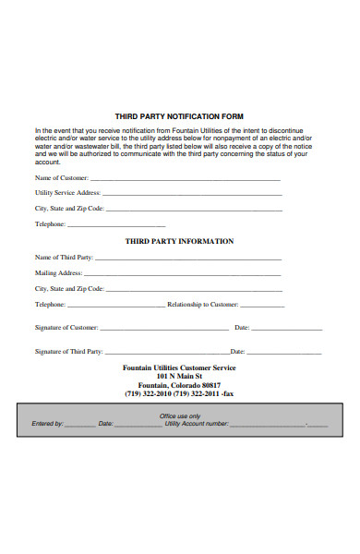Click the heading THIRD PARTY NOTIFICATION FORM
click(179, 117)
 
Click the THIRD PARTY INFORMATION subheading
click(179, 241)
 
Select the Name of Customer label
click(62, 177)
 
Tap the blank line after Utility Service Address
click(198, 193)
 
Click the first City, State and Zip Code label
click(75, 209)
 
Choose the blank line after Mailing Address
click(184, 273)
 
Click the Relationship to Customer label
click(202, 304)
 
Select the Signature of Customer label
click(66, 328)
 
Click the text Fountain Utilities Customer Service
click(179, 367)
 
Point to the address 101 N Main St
click(179, 377)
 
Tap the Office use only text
click(180, 416)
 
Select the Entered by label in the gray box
click(48, 424)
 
